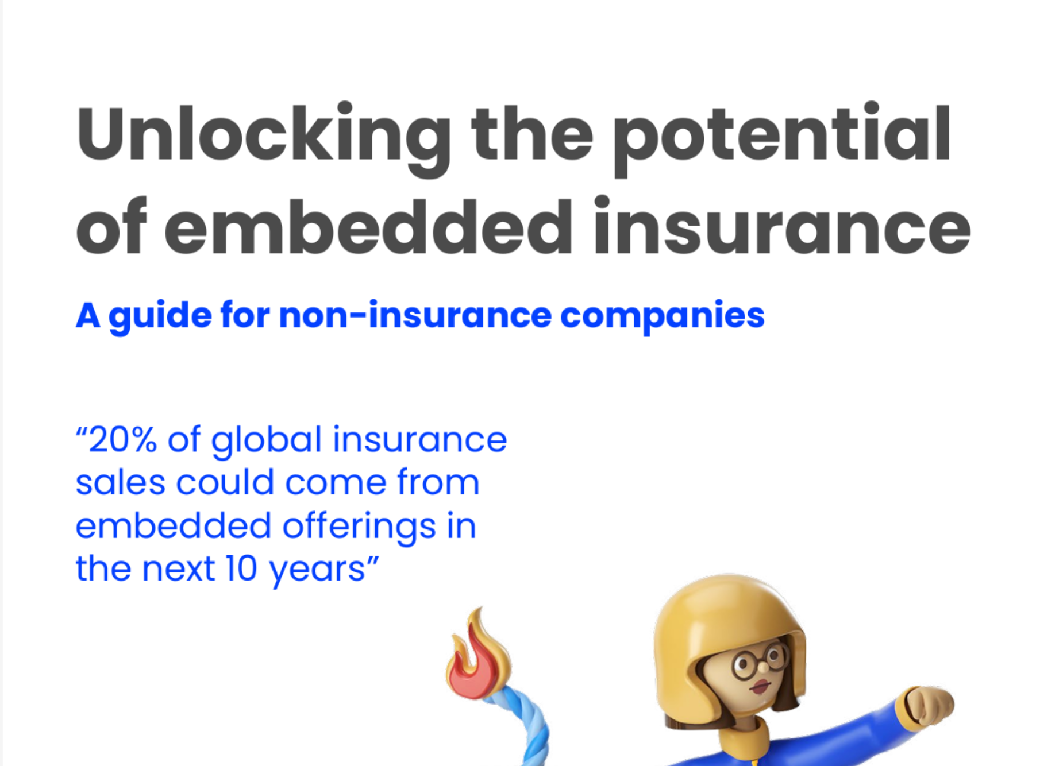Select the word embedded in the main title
[x=368, y=227]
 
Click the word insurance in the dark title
[x=781, y=227]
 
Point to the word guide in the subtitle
[x=160, y=316]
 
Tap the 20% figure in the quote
[x=122, y=440]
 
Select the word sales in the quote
[x=119, y=483]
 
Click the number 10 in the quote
[x=241, y=569]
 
